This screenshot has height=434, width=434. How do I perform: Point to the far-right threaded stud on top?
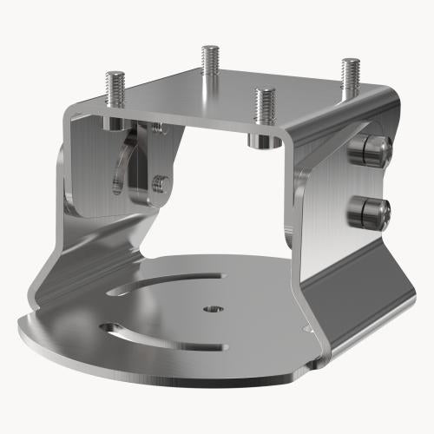coord(350,76)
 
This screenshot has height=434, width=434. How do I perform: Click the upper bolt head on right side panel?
coord(365,149)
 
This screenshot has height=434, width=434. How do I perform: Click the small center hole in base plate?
coord(211,308)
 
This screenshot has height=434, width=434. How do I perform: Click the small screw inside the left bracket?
coord(159,184)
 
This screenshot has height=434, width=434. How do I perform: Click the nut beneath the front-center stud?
coord(260,140)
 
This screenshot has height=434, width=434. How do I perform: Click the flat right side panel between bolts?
coord(334,187)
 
